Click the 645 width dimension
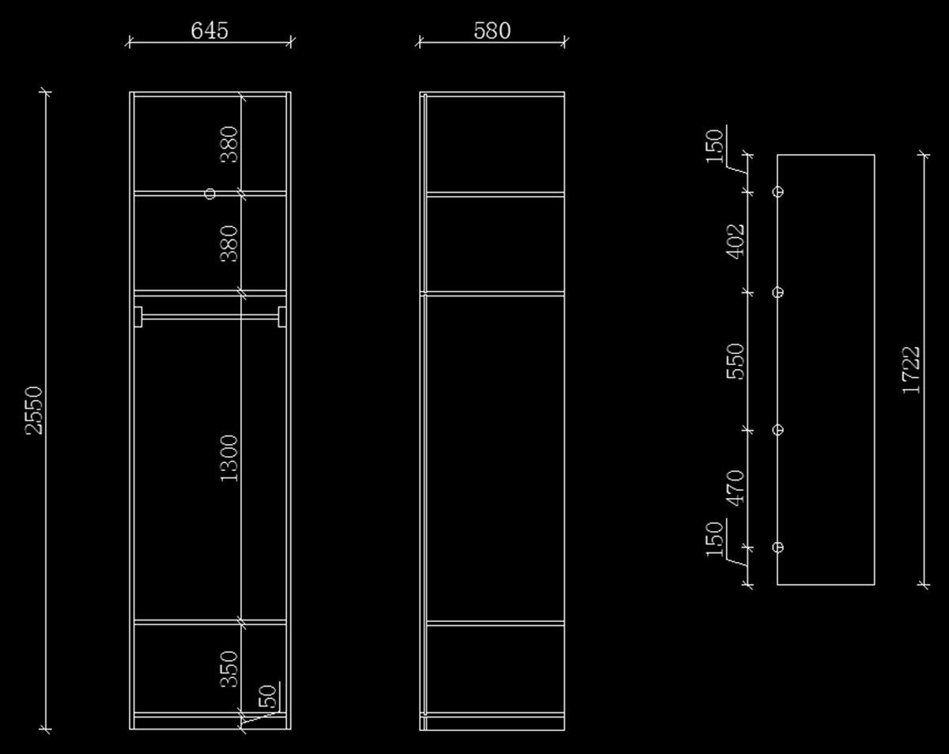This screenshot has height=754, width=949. pyautogui.click(x=210, y=30)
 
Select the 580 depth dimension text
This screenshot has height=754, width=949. pyautogui.click(x=492, y=30)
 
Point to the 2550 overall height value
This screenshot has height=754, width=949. pyautogui.click(x=34, y=410)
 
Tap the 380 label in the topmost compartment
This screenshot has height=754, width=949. pyautogui.click(x=229, y=144)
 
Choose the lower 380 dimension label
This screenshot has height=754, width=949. pyautogui.click(x=229, y=243)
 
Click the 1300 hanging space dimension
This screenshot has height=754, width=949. pyautogui.click(x=229, y=458)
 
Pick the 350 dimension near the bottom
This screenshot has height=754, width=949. pyautogui.click(x=229, y=669)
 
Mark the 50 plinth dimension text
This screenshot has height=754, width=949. pyautogui.click(x=269, y=696)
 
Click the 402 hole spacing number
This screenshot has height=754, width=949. pyautogui.click(x=735, y=241)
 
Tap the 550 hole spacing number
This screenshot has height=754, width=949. pyautogui.click(x=735, y=361)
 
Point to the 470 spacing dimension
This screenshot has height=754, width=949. pyautogui.click(x=735, y=488)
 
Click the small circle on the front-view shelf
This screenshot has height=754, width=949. pyautogui.click(x=210, y=194)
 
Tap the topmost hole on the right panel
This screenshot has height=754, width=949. pyautogui.click(x=778, y=191)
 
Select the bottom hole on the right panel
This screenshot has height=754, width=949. pyautogui.click(x=778, y=547)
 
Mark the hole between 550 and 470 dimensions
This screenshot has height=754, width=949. pyautogui.click(x=778, y=430)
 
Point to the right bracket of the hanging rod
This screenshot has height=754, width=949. pyautogui.click(x=282, y=316)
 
